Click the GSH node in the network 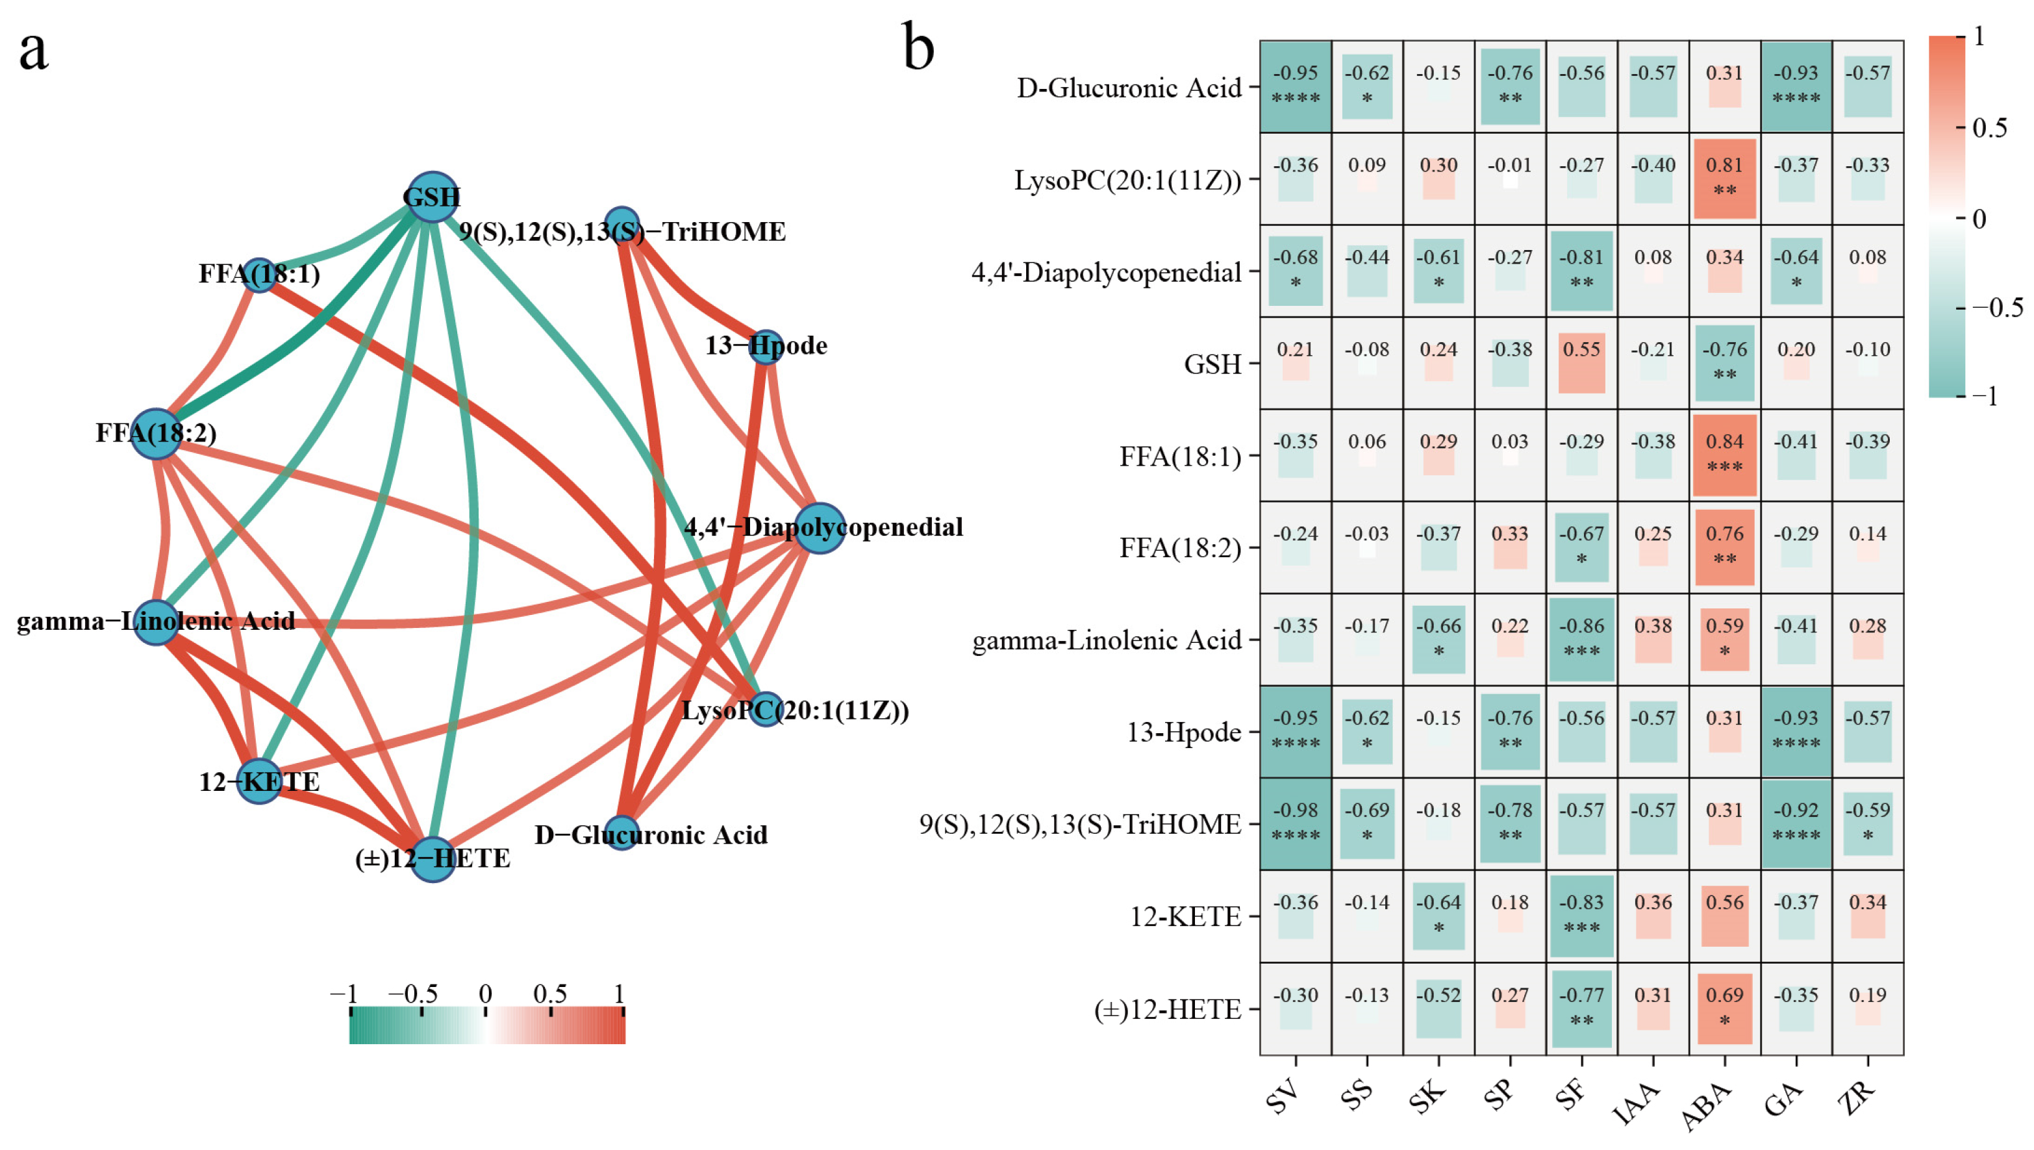431,196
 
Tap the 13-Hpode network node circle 764,347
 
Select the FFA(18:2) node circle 157,434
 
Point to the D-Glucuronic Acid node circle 621,833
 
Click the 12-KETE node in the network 259,781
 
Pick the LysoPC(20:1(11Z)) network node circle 764,709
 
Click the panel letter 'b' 918,47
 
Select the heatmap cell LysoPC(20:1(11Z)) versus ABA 1724,179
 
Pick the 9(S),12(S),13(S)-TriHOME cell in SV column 1296,823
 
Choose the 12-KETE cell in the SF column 1581,916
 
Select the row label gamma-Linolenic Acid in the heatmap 1106,640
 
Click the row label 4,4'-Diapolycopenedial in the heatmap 1106,273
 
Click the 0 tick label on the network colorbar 485,994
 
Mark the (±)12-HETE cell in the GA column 1796,1008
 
